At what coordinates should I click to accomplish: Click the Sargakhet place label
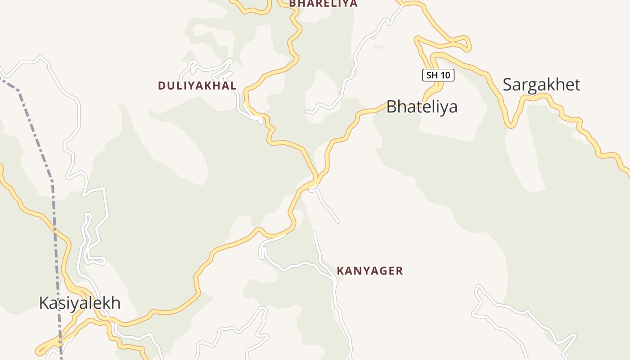(x=541, y=85)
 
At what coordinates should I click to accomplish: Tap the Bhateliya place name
(x=422, y=107)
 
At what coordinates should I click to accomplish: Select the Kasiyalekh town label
(x=80, y=303)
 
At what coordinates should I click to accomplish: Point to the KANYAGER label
(x=370, y=271)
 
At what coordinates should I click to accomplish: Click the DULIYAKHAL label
(x=197, y=85)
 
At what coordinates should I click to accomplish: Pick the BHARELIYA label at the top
(x=323, y=4)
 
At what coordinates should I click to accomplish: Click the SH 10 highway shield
(x=438, y=75)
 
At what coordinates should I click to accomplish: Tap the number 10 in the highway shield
(x=445, y=75)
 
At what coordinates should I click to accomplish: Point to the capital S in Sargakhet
(x=508, y=85)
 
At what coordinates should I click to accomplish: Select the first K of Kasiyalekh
(x=44, y=303)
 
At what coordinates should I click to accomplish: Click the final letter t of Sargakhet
(x=577, y=85)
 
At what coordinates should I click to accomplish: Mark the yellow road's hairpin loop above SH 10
(x=468, y=45)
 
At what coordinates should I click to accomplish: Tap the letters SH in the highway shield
(x=432, y=75)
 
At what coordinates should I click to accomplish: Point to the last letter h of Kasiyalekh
(x=116, y=303)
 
